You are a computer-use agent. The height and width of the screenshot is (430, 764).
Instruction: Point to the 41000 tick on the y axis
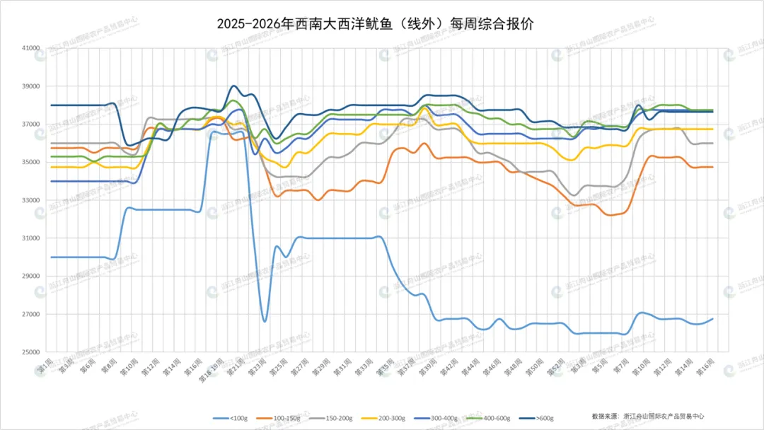[x=31, y=49]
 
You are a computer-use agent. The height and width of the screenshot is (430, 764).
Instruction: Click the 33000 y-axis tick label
[x=31, y=200]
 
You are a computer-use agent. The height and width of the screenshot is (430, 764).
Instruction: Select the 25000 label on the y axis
[x=31, y=352]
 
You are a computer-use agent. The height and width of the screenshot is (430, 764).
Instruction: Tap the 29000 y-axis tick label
[x=31, y=277]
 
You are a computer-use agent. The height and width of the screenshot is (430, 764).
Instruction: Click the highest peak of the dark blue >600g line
[x=234, y=86]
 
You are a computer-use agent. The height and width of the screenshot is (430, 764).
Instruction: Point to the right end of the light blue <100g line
[x=712, y=318]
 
